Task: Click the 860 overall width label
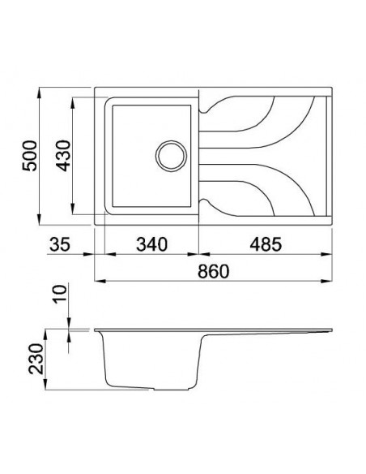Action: (x=213, y=271)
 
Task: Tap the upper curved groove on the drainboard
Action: (x=267, y=122)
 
